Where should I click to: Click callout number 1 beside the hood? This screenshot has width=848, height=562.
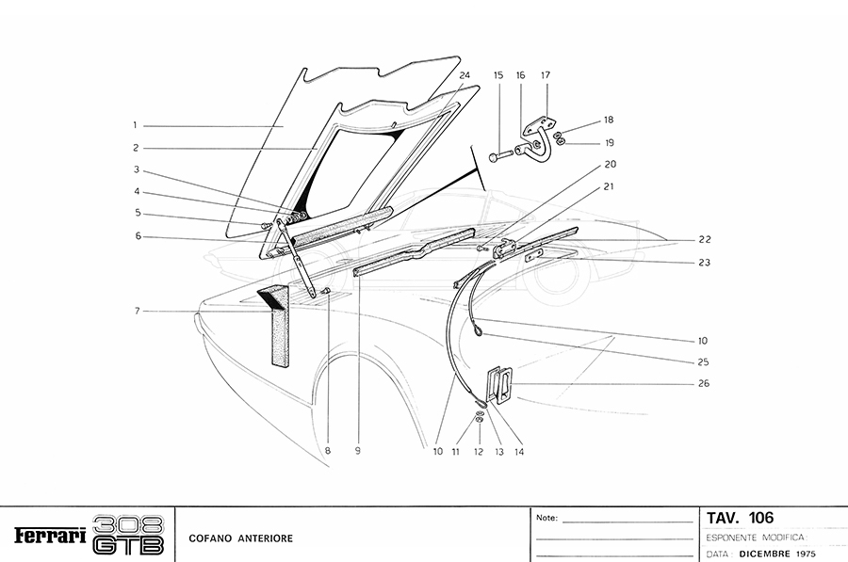pos(136,124)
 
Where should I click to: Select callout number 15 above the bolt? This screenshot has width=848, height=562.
pos(498,74)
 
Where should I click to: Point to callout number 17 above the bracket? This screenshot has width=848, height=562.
pos(546,74)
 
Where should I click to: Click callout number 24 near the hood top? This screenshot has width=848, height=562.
pos(465,74)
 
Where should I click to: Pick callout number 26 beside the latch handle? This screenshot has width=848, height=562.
pos(703,384)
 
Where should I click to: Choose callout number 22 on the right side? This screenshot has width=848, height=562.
pos(703,240)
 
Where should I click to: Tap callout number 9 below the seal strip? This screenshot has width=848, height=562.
pos(358,451)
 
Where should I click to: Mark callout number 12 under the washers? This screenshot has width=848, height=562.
pos(478,451)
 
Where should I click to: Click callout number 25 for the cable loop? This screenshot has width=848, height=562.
pos(703,361)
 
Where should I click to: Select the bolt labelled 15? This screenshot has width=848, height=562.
pos(501,153)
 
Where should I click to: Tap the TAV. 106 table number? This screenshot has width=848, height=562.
pos(740,519)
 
